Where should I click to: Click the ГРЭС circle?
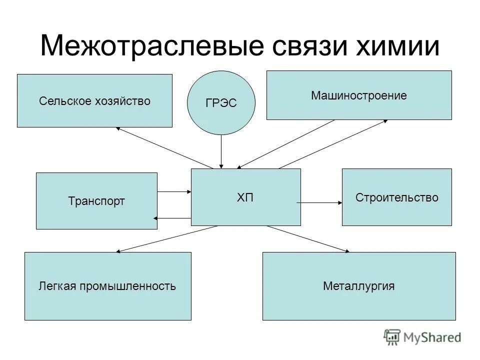pyautogui.click(x=221, y=103)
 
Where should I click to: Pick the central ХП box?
pyautogui.click(x=245, y=197)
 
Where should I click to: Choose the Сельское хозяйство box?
pyautogui.click(x=94, y=100)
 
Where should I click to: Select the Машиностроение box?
pyautogui.click(x=358, y=95)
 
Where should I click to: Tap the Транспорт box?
pyautogui.click(x=96, y=201)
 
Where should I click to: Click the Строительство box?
pyautogui.click(x=396, y=197)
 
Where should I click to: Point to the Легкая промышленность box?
pyautogui.click(x=107, y=286)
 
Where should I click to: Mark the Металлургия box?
pyautogui.click(x=358, y=286)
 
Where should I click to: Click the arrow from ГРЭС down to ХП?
pyautogui.click(x=221, y=151)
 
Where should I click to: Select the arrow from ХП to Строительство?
pyautogui.click(x=320, y=202)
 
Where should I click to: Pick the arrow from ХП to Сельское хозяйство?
pyautogui.click(x=165, y=148)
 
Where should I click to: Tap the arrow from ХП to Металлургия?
pyautogui.click(x=308, y=238)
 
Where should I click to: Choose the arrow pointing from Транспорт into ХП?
pyautogui.click(x=174, y=191)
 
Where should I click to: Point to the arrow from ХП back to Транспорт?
pyautogui.click(x=173, y=218)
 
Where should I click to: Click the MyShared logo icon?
pyautogui.click(x=392, y=336)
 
